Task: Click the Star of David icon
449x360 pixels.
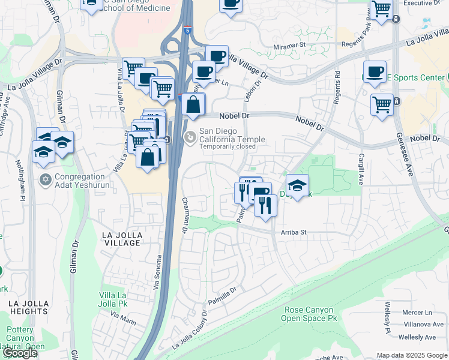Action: point(46,179)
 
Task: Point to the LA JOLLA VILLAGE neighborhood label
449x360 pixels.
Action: point(121,239)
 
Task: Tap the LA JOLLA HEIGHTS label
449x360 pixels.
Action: point(28,307)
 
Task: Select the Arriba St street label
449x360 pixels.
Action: point(294,232)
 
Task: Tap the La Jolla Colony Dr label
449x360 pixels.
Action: point(190,331)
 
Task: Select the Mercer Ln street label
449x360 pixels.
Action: point(417,313)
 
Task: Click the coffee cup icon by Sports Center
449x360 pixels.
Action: point(375,72)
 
